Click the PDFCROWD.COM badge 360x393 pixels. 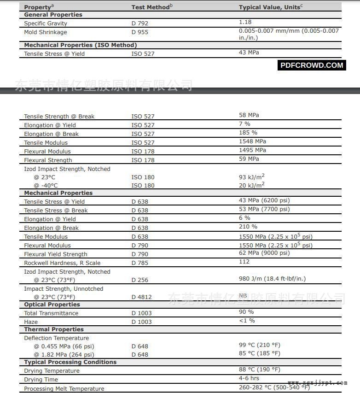coord(312,65)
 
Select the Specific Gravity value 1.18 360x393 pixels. coord(245,22)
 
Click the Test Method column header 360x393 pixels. coord(152,7)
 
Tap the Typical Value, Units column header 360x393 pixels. coord(271,7)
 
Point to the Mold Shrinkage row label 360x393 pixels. coord(45,32)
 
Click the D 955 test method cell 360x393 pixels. coord(140,32)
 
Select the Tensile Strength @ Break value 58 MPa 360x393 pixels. coord(249,115)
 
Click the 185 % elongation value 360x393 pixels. coord(248,133)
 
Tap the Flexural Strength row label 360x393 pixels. coord(48,160)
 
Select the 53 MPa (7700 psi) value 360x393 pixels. coord(264,209)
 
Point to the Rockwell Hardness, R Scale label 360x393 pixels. coord(62,263)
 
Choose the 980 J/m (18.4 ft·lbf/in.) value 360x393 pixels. coord(272,278)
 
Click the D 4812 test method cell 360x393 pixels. coord(141,297)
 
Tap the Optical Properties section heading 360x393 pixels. coord(52,305)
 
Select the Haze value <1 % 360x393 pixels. coord(247,321)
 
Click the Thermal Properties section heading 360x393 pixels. coord(54,329)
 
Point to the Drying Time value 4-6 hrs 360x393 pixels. coord(249,378)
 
